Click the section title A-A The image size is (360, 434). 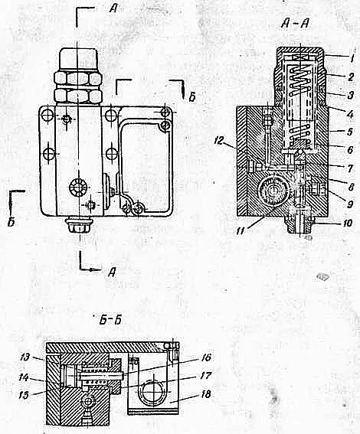coord(295,24)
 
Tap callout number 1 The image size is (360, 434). coord(351,59)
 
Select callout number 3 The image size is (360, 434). coord(351,95)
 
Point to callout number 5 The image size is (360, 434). coord(350,132)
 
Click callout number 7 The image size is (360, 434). coord(350,168)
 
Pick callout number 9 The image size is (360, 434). coord(350,204)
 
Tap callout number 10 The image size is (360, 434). coord(346,223)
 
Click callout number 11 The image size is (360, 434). coord(242,230)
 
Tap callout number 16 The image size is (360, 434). coord(205,357)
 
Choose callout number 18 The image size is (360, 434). coord(205,394)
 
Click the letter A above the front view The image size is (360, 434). coord(113,9)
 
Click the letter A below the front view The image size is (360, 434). coord(112,272)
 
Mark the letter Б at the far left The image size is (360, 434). coord(11,222)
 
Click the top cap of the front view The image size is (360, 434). coord(79,59)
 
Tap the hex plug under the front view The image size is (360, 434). coord(78,224)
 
